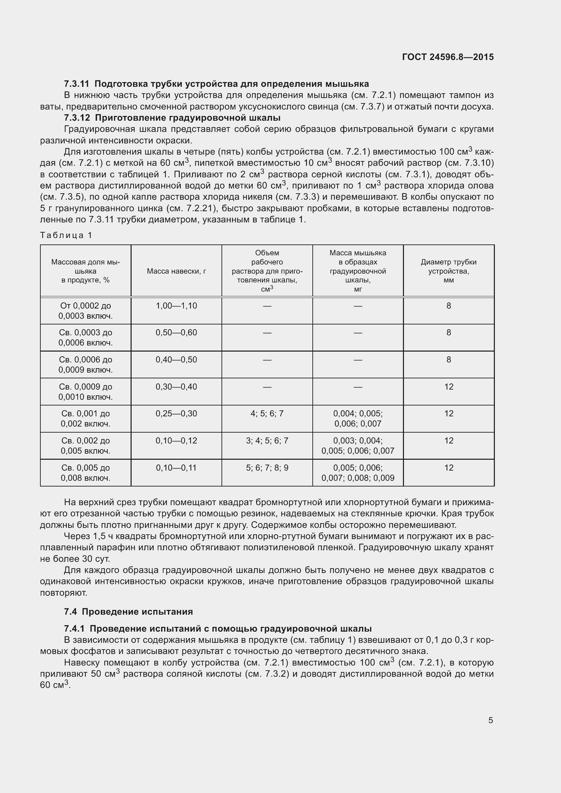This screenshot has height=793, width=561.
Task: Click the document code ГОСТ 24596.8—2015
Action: click(x=448, y=57)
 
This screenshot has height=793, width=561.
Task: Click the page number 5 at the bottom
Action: click(x=490, y=720)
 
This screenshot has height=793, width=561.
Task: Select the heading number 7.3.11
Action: click(x=76, y=84)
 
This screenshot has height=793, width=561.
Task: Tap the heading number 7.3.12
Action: click(x=77, y=118)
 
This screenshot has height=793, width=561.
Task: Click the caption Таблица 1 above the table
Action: click(x=66, y=235)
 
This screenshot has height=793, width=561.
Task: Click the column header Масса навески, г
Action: click(x=176, y=271)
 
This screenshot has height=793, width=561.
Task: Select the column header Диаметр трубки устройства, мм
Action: click(x=448, y=271)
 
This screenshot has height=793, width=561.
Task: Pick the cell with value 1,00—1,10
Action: click(x=176, y=306)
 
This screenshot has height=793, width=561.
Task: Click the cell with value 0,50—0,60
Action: click(x=176, y=333)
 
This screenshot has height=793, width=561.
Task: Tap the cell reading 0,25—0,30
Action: click(x=176, y=413)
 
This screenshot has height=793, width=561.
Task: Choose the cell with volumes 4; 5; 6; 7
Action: click(x=267, y=413)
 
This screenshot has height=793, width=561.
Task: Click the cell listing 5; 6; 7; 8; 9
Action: click(x=267, y=468)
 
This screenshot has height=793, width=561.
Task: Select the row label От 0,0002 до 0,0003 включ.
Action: click(x=85, y=311)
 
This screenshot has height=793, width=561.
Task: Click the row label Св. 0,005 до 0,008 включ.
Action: click(x=85, y=473)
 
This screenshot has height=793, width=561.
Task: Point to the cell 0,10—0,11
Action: click(x=176, y=468)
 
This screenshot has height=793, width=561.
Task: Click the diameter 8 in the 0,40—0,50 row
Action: click(x=448, y=359)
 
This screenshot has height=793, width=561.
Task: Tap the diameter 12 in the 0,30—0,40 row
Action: click(x=448, y=386)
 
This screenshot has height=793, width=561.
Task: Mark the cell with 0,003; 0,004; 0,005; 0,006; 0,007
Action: click(x=357, y=445)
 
